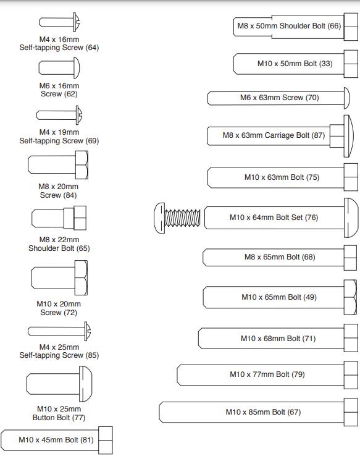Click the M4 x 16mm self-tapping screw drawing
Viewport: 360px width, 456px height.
click(x=59, y=22)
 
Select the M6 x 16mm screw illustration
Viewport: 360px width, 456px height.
click(x=59, y=68)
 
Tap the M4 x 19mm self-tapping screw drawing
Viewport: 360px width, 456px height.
click(x=59, y=115)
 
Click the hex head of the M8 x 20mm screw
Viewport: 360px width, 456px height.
click(x=82, y=164)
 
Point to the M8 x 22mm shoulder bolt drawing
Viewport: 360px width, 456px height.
click(x=59, y=218)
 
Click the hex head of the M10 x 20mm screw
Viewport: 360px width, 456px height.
click(x=81, y=277)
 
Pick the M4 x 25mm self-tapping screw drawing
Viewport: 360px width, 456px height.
click(x=59, y=331)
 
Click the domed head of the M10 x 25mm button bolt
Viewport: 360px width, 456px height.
click(x=86, y=384)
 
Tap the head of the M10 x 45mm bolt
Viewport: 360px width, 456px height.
click(x=106, y=441)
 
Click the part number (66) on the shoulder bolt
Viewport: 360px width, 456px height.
click(x=334, y=26)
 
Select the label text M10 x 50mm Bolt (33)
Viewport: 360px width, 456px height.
click(x=295, y=64)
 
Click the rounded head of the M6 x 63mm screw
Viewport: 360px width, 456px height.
click(x=347, y=98)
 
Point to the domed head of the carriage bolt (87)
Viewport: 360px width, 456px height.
click(x=349, y=136)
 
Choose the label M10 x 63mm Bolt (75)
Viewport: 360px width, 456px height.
click(x=282, y=177)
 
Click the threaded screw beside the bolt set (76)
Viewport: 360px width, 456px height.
click(x=177, y=218)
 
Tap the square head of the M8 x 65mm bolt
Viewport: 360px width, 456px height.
click(x=350, y=258)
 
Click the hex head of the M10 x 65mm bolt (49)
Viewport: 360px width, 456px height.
click(x=350, y=297)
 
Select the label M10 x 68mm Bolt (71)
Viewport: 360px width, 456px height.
click(x=278, y=339)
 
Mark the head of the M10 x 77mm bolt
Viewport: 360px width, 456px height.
click(x=351, y=375)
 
